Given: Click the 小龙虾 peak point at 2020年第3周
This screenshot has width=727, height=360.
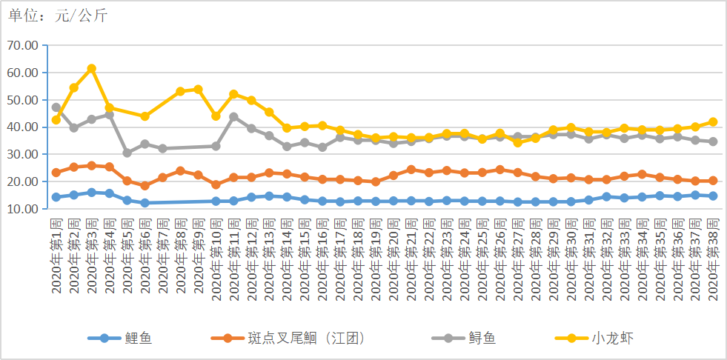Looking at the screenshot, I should tap(91, 69).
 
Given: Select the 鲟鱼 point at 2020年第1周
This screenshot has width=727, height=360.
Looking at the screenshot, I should tap(56, 107).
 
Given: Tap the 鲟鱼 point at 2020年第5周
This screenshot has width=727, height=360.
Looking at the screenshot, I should tap(127, 153).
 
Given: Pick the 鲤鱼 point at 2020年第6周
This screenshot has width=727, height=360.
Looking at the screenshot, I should tap(145, 203).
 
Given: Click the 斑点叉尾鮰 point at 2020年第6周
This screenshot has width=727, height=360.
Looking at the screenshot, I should tap(145, 186).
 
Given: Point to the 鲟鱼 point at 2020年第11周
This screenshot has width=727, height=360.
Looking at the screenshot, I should tap(233, 117).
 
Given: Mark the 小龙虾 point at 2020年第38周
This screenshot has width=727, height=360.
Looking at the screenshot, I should tap(712, 121).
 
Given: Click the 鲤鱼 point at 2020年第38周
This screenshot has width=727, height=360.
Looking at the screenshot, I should tap(712, 196).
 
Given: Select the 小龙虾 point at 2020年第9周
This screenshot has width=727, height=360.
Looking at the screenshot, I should tap(198, 90).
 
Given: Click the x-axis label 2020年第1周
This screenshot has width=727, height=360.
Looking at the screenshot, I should tap(56, 256).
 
